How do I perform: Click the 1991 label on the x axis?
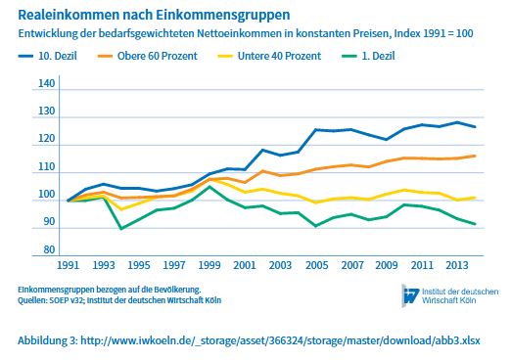pyautogui.click(x=68, y=265)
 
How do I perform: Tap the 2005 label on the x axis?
pyautogui.click(x=316, y=265)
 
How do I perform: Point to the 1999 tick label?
pyautogui.click(x=209, y=265)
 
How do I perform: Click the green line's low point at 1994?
pyautogui.click(x=121, y=228)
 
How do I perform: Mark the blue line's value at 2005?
pyautogui.click(x=316, y=129)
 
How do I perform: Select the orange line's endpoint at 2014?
pyautogui.click(x=476, y=156)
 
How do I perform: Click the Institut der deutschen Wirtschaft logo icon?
pyautogui.click(x=412, y=294)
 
